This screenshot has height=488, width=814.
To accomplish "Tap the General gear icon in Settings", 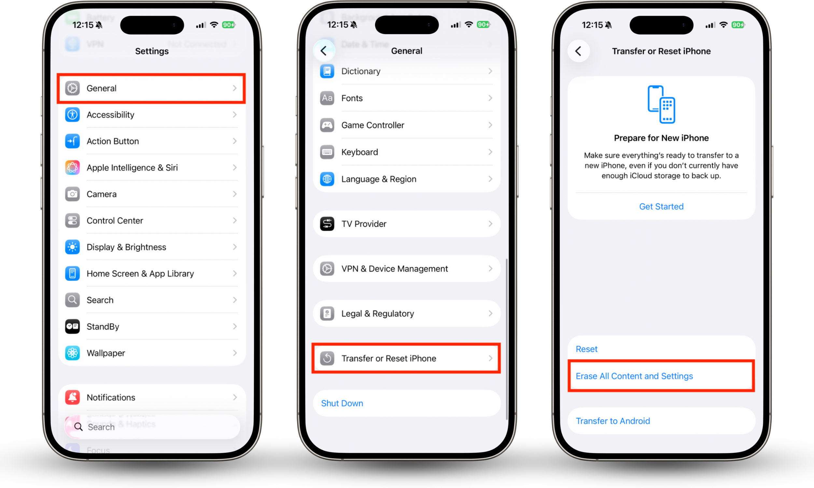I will point(72,88).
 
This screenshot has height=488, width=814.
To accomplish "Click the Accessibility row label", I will point(110,115).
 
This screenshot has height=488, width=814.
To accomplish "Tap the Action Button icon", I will point(72,141).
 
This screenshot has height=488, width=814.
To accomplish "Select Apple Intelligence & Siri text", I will point(132,168).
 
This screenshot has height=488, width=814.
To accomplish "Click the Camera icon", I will point(72,194).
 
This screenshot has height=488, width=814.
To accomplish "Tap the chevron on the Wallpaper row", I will point(234,353).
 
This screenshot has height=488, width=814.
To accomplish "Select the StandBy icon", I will point(72,327).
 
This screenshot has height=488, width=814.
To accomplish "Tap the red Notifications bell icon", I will point(72,397).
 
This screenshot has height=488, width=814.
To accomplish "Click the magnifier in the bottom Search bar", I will point(78,427).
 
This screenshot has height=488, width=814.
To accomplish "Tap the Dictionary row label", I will point(361,71).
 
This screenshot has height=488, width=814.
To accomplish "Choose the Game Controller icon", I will point(327,125).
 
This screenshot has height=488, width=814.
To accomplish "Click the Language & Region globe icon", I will point(327,179).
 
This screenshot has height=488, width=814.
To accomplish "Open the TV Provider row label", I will point(364,224).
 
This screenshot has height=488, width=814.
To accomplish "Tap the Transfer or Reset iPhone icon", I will point(327,359).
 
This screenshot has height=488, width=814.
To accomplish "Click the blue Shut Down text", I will point(342,403).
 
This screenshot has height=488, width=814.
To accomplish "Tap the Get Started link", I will point(661,207).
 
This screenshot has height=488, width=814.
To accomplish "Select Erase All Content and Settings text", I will point(634,376).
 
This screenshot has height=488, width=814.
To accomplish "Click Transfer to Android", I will point(613,421).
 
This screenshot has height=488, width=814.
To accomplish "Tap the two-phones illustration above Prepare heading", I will point(661,104).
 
